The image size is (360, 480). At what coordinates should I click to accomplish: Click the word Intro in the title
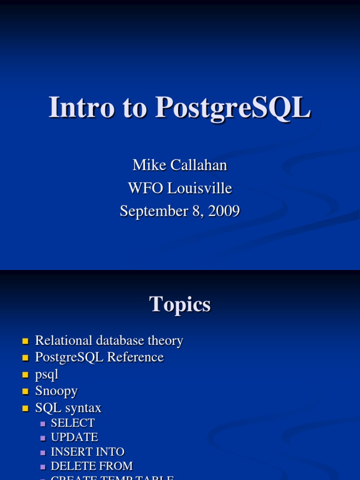click(82, 107)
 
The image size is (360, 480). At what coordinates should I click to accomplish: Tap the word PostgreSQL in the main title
click(233, 108)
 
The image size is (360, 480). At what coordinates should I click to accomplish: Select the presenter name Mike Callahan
click(180, 165)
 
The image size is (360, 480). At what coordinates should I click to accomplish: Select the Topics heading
click(180, 305)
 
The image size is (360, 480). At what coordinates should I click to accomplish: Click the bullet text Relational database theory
click(109, 341)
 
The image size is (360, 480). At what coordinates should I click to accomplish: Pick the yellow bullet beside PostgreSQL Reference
click(25, 358)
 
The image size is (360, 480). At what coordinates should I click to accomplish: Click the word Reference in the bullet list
click(135, 357)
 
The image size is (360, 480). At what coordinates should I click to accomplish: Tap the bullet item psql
click(46, 375)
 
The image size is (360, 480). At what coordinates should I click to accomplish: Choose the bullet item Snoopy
click(56, 391)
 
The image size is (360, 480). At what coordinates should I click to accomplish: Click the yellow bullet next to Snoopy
click(25, 391)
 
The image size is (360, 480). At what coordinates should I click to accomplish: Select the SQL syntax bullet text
click(68, 408)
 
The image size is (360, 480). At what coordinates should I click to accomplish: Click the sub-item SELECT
click(73, 423)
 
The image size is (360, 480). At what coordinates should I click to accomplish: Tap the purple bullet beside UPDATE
click(43, 438)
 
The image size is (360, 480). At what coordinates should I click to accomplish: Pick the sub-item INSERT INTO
click(87, 452)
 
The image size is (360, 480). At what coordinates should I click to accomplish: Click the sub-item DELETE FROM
click(91, 466)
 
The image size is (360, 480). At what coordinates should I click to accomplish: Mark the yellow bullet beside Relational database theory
click(25, 341)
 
